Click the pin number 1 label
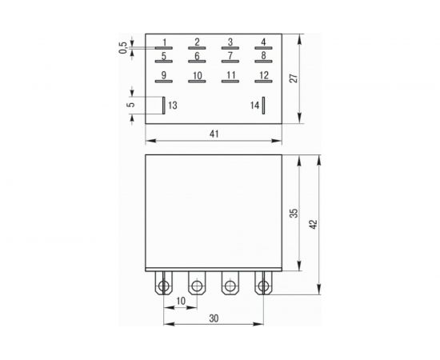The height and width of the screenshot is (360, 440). (x=164, y=42)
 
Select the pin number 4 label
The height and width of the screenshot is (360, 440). (x=263, y=42)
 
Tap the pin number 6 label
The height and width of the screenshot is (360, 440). (x=197, y=56)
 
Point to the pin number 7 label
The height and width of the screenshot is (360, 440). (x=230, y=56)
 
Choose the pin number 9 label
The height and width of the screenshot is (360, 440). (x=163, y=76)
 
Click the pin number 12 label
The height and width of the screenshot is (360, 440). (x=263, y=76)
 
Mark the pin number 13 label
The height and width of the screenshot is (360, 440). (x=174, y=105)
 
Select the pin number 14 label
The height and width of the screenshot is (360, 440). (x=254, y=105)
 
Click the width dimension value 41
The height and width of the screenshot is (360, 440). (x=214, y=134)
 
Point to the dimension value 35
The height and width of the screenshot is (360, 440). (x=294, y=214)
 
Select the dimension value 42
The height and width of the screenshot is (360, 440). (x=314, y=226)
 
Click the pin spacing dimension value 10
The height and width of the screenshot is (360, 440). (x=180, y=300)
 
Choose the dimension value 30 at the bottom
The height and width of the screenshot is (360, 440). (x=214, y=318)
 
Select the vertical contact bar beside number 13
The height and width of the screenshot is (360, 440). (x=164, y=105)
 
